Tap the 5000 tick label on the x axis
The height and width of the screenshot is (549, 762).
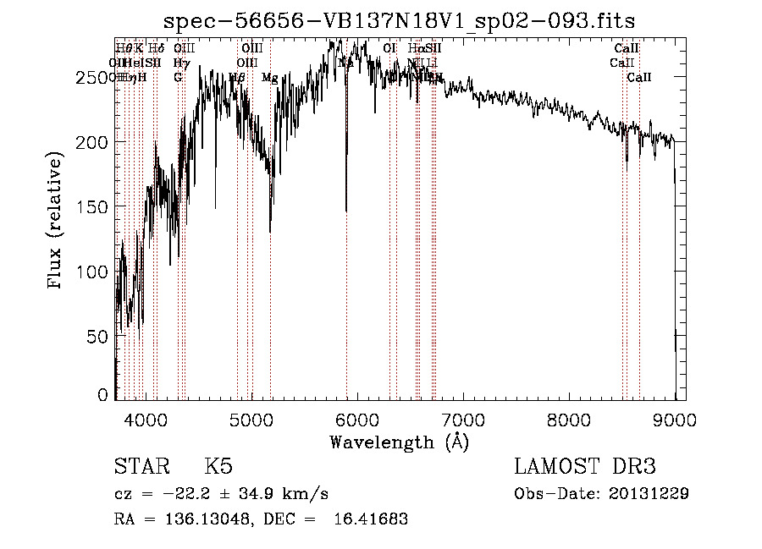[x=251, y=419]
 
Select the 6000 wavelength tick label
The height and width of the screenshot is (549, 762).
[x=356, y=419]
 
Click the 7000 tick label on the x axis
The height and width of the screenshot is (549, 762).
[x=462, y=419]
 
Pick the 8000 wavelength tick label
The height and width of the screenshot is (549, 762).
[x=568, y=419]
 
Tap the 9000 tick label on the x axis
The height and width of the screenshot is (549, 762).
[x=674, y=419]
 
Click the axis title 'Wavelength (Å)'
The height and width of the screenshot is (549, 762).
[x=399, y=442]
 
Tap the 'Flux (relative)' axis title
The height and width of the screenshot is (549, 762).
[x=57, y=222]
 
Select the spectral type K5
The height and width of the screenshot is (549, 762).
[x=218, y=468]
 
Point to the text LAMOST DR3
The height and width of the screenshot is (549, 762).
[x=585, y=468]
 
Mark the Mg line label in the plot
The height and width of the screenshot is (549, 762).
[x=269, y=78]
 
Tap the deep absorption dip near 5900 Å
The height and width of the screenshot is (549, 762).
[x=346, y=203]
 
